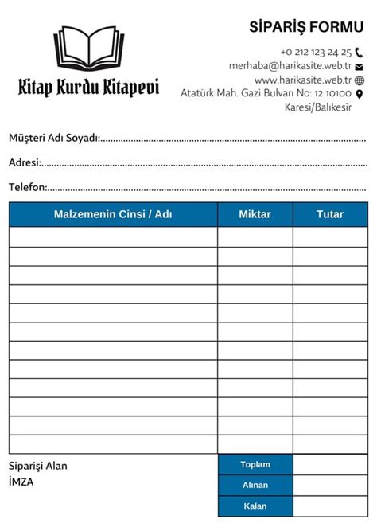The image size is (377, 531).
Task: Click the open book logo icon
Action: (88, 49)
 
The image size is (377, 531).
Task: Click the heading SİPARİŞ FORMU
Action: (306, 28)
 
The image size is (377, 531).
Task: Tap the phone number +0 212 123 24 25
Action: (316, 52)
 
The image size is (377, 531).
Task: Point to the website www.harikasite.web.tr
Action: (303, 80)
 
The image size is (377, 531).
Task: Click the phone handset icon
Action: (360, 52)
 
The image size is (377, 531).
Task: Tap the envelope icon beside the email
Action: (360, 67)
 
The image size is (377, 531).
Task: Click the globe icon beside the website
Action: (360, 80)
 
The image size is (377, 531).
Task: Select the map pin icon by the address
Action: (360, 94)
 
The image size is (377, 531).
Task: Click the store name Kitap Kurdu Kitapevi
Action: (88, 88)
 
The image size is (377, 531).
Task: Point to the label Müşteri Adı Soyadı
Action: (53, 139)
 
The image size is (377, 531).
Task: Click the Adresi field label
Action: (24, 162)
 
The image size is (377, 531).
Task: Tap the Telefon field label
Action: (27, 187)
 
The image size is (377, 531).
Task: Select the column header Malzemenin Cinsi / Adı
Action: (113, 214)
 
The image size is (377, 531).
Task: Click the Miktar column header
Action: (255, 214)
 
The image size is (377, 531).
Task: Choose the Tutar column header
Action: (330, 214)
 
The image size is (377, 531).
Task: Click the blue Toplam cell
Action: (255, 464)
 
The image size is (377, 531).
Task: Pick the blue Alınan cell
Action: (255, 485)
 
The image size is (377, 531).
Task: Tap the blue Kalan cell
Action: (255, 506)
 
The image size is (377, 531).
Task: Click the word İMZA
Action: (21, 482)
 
